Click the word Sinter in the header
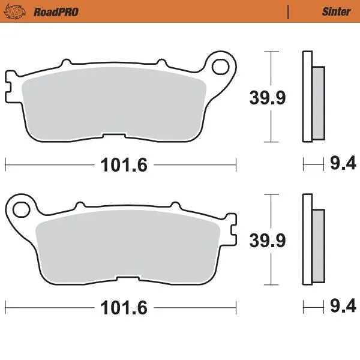[x=337, y=11]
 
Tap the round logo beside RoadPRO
[x=22, y=11]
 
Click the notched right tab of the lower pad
[x=230, y=228]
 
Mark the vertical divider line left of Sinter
[x=289, y=11]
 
